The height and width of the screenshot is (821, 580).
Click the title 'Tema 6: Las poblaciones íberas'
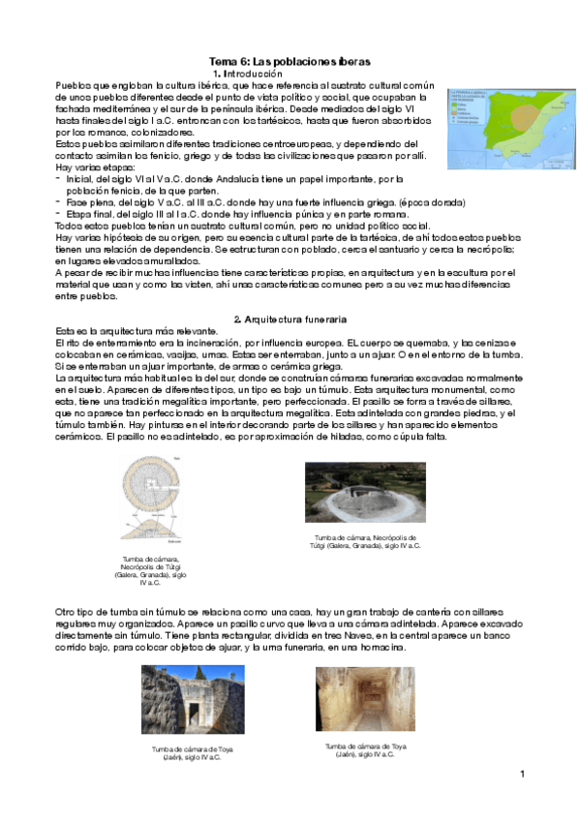[290, 60]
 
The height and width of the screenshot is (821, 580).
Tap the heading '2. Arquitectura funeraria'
[290, 319]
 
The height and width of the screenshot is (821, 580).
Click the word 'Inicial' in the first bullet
[80, 179]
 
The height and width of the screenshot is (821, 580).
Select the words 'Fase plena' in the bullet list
[87, 203]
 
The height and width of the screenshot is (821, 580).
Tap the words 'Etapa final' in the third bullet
[89, 215]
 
